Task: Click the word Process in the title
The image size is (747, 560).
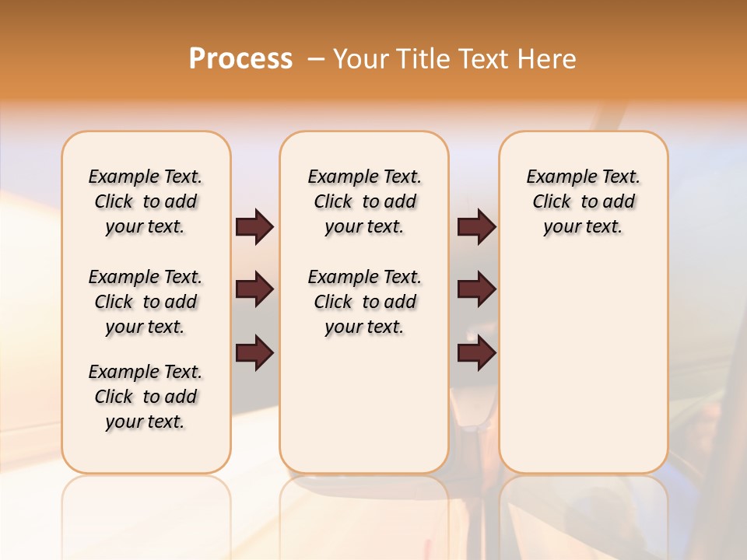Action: [x=240, y=59]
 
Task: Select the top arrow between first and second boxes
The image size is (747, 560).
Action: [x=254, y=227]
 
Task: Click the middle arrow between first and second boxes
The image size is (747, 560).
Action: [x=254, y=290]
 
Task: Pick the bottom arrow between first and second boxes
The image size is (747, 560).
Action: [x=254, y=353]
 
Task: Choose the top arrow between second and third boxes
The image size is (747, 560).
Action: [x=476, y=227]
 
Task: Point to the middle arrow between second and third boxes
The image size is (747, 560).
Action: [x=476, y=290]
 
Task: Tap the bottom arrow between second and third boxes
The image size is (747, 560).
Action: [x=476, y=353]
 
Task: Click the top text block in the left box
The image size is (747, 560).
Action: [x=145, y=201]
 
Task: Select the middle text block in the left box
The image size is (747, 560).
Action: [x=145, y=302]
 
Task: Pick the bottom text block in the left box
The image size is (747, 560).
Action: [x=145, y=397]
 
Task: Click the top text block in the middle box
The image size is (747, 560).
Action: [x=364, y=201]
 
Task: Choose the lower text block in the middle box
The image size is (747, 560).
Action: [x=364, y=302]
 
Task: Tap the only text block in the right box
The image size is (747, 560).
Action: [x=583, y=201]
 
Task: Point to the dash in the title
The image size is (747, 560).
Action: [x=316, y=59]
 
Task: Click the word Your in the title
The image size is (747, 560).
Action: [x=361, y=59]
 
